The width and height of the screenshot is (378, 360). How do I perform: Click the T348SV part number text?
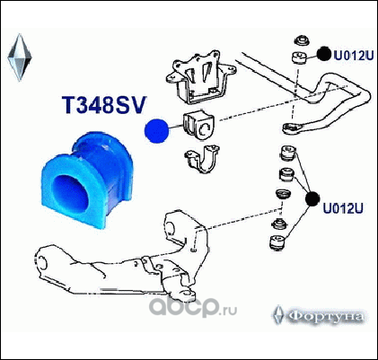(x=103, y=105)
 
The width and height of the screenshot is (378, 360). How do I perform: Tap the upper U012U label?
(x=354, y=56)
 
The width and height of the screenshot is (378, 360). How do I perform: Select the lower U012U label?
(x=343, y=208)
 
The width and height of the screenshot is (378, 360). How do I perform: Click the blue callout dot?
(x=156, y=131)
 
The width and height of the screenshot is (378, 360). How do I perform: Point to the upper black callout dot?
(x=324, y=54)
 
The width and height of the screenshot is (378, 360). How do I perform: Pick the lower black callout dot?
(x=312, y=198)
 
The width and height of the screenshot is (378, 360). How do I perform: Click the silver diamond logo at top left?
(x=20, y=57)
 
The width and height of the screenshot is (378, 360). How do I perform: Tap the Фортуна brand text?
(x=327, y=316)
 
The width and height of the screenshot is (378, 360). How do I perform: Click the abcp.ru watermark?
(x=193, y=307)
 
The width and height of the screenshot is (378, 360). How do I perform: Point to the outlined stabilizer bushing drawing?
(x=198, y=125)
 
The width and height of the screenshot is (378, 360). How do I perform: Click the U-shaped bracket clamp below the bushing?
(x=202, y=159)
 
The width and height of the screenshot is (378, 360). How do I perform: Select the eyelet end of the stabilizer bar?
(x=291, y=128)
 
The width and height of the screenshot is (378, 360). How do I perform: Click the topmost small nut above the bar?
(x=300, y=40)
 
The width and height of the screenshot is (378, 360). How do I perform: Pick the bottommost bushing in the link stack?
(x=278, y=242)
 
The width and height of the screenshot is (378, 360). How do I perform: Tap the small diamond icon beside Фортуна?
(x=278, y=315)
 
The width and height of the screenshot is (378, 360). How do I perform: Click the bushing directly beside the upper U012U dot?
(x=299, y=57)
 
